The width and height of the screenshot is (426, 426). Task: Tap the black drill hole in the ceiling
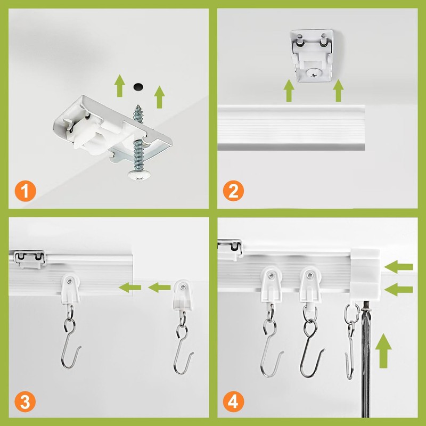tap(138, 85)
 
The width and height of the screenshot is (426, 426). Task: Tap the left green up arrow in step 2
tap(289, 91)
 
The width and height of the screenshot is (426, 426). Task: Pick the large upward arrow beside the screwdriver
tap(383, 352)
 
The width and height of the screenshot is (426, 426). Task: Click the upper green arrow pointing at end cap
tap(400, 265)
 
